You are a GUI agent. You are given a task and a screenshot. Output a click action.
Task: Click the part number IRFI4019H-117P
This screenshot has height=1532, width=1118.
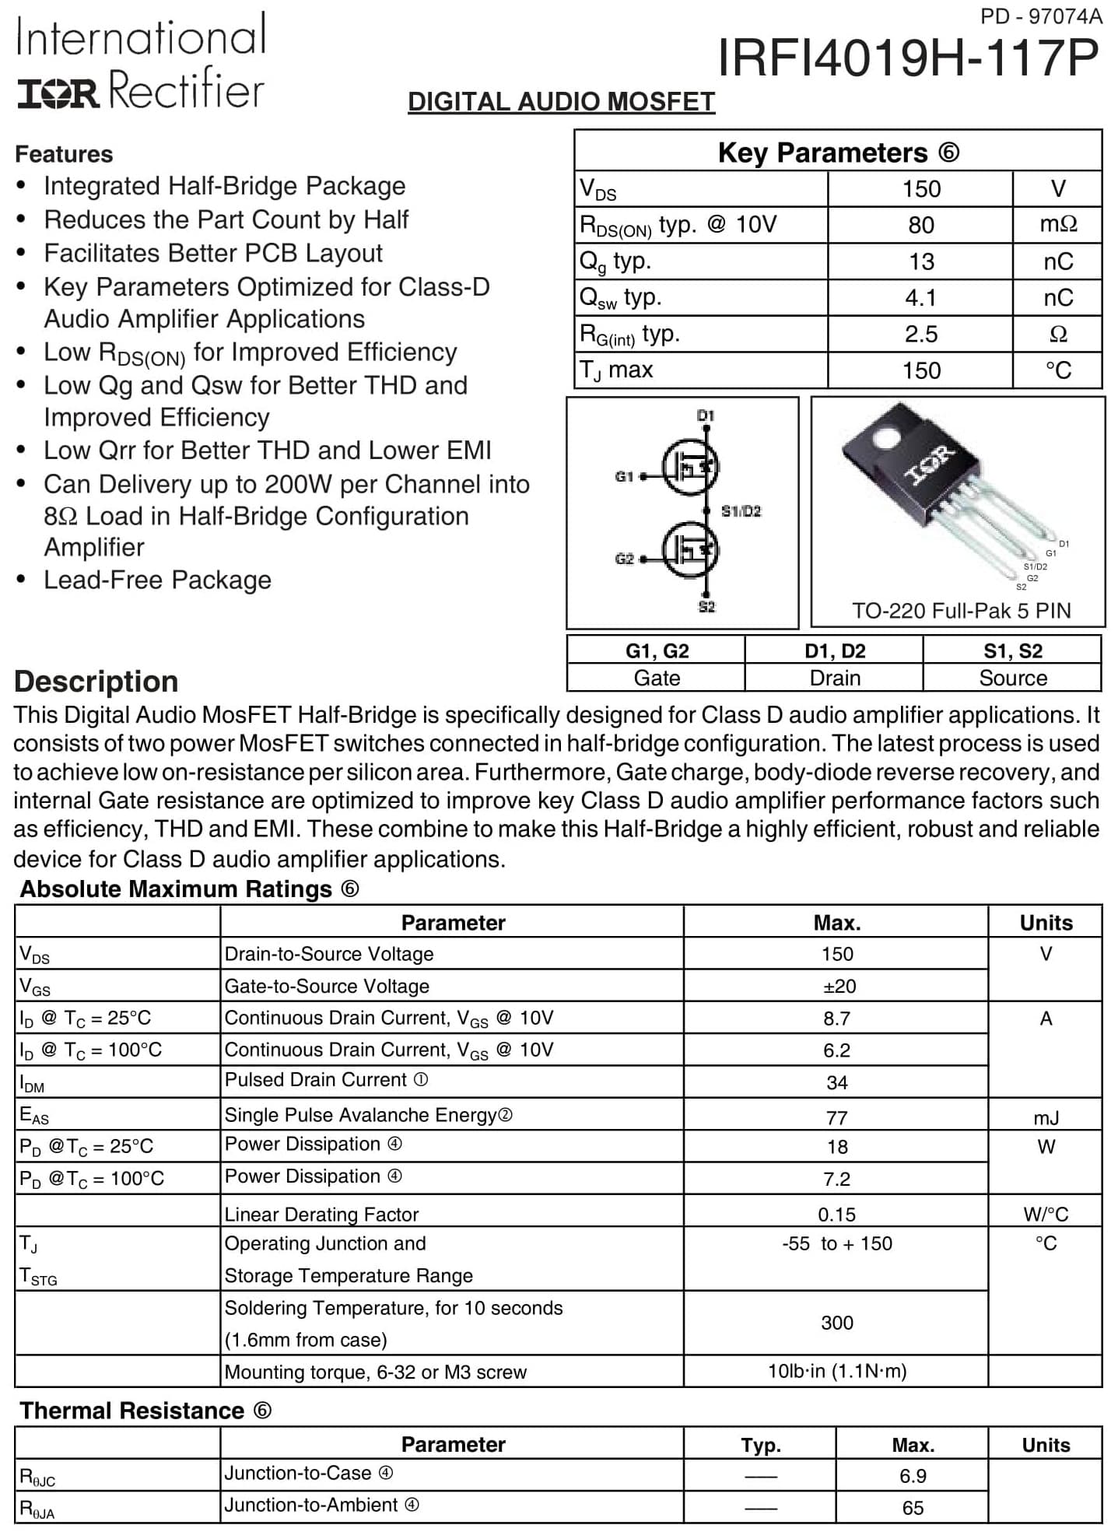907,58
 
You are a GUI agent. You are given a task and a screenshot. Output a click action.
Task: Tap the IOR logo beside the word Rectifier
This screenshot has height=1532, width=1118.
58,93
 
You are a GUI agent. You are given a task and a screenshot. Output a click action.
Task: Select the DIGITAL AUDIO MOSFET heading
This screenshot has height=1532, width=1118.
561,102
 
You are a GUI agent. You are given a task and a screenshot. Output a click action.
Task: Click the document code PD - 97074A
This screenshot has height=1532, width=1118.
1041,16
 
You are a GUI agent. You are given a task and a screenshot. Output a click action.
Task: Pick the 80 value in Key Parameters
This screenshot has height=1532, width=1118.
920,225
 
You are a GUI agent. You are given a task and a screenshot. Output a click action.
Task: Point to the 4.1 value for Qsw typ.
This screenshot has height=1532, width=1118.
920,298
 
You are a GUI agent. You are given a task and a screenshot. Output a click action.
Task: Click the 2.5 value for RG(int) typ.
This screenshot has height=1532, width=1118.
920,335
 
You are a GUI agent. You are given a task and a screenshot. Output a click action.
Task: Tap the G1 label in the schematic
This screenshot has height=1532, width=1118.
624,476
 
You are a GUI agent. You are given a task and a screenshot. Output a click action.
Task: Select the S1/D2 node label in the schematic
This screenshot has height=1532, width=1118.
741,511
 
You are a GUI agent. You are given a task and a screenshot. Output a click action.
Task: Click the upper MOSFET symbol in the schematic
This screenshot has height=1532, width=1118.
691,467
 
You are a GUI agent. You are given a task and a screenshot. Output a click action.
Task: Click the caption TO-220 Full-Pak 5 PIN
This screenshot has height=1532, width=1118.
961,611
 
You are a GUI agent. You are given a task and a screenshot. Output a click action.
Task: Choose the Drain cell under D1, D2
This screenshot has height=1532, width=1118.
834,678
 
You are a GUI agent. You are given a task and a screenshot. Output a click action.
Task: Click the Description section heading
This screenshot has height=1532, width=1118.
96,682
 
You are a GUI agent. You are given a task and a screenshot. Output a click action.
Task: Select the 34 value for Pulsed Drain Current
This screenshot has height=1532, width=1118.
837,1082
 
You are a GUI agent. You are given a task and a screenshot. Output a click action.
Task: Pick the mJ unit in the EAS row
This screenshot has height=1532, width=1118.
1046,1118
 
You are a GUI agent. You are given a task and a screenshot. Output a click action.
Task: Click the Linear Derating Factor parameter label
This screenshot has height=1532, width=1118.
321,1215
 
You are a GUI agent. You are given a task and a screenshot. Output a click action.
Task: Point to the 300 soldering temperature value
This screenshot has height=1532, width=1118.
837,1323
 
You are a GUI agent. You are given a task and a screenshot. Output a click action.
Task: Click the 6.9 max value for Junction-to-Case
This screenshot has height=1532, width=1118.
913,1476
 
